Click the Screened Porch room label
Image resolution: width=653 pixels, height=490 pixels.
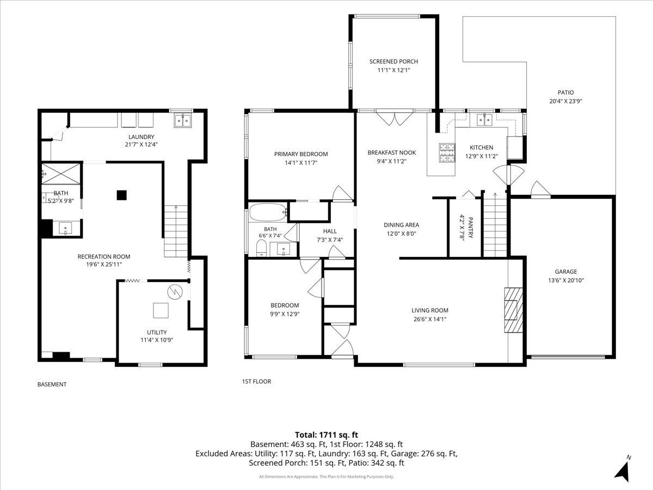click(x=393, y=62)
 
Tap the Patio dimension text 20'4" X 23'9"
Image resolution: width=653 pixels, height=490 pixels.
click(x=565, y=101)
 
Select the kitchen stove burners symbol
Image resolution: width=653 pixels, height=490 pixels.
click(x=447, y=152)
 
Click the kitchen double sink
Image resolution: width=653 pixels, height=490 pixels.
click(x=485, y=120)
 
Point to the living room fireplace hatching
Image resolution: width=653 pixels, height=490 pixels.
click(x=513, y=310)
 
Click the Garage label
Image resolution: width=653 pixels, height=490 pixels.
click(x=565, y=272)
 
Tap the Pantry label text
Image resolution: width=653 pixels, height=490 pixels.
click(x=471, y=228)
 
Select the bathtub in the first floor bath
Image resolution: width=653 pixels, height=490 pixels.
click(x=267, y=212)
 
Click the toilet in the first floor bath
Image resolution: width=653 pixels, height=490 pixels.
click(x=261, y=248)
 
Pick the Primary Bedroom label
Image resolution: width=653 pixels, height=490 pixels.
click(x=301, y=154)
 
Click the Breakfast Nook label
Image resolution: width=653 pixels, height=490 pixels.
click(x=391, y=152)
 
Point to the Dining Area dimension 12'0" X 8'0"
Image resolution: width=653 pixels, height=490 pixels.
click(x=401, y=234)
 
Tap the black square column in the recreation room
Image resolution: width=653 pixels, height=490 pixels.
click(x=122, y=195)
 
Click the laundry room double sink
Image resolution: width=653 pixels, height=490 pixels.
click(x=183, y=120)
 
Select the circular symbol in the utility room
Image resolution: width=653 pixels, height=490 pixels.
click(x=175, y=292)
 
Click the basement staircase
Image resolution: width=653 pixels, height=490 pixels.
click(x=176, y=231)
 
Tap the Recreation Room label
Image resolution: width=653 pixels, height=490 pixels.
click(x=104, y=256)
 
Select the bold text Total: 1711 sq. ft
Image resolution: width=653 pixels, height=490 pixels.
click(x=326, y=434)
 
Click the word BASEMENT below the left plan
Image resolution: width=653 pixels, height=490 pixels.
click(x=52, y=384)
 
